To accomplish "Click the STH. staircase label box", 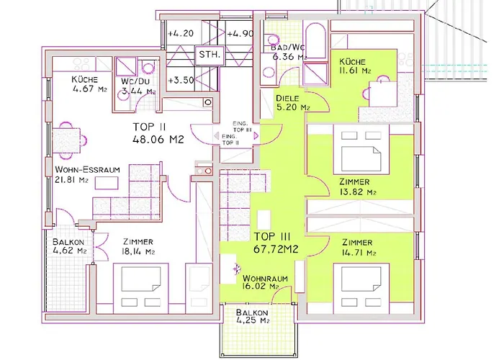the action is [x=210, y=55].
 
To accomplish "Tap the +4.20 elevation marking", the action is [x=181, y=33].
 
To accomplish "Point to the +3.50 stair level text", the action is [x=181, y=80].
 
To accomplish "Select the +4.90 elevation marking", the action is [x=240, y=33].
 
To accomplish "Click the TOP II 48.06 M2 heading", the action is [x=158, y=133].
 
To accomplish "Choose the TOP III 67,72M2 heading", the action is [x=276, y=243].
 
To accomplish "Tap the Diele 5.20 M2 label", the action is [x=292, y=103].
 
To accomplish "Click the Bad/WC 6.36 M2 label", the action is [x=289, y=52].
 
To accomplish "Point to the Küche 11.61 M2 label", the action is [x=355, y=66].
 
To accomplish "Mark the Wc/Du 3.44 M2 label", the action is [x=138, y=86].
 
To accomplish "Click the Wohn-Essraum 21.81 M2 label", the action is [x=87, y=174].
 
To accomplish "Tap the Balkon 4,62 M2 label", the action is [x=69, y=246].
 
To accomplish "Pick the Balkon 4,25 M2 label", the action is [x=252, y=316].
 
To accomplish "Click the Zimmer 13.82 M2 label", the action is [x=357, y=187].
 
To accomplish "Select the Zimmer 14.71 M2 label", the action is [x=359, y=248].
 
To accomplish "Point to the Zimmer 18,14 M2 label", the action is [x=138, y=246].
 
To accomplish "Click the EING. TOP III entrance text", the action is [x=242, y=127].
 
